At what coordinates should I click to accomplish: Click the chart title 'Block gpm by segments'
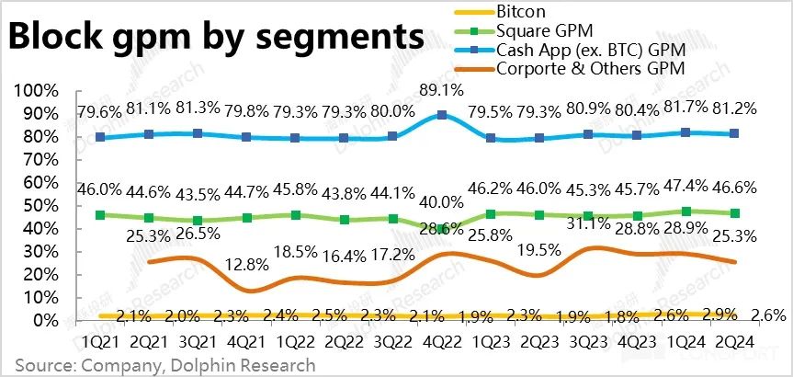217,38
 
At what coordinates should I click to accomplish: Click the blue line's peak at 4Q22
443,115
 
